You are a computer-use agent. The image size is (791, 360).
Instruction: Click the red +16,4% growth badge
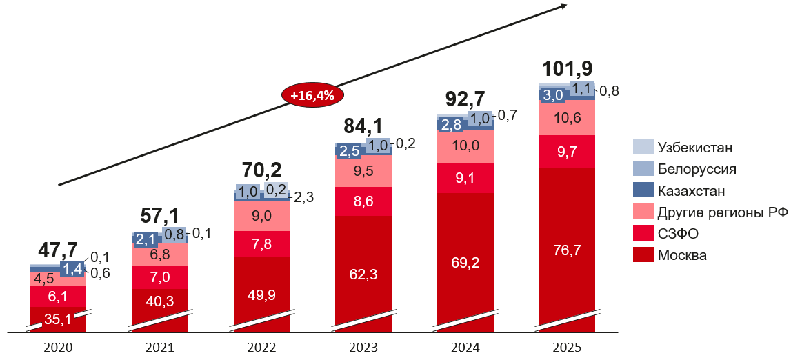312,96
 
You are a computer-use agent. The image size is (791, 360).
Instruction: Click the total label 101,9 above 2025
568,69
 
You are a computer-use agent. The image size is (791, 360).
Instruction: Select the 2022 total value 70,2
261,169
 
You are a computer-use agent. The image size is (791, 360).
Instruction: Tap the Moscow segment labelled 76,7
567,251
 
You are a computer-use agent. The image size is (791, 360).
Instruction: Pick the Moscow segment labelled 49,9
262,295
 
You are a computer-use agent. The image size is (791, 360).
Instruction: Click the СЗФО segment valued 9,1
465,178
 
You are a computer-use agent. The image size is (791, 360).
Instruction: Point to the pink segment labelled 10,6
567,117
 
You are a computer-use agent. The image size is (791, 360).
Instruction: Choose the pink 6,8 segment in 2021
160,254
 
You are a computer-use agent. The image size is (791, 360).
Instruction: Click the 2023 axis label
363,348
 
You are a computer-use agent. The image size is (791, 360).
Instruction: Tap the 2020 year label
58,348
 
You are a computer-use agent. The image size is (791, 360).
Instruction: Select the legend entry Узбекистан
694,147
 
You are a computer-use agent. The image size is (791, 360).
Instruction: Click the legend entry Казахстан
691,191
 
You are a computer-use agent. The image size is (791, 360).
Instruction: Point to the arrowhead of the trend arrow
563,6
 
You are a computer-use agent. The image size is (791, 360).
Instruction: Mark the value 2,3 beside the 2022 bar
304,197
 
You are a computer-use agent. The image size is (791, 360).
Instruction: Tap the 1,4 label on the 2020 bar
72,268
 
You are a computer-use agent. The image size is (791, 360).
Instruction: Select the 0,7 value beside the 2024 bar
508,116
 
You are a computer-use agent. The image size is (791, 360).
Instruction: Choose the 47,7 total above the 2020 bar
58,250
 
